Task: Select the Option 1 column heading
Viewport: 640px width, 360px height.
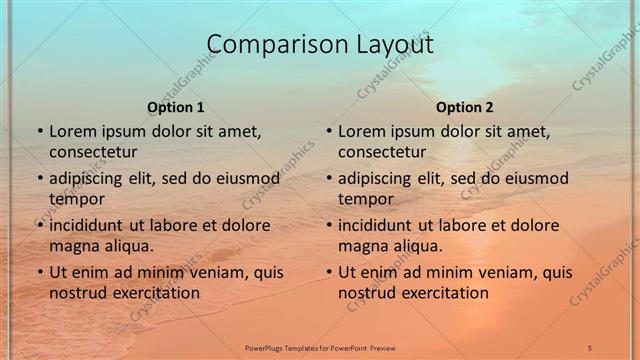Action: pyautogui.click(x=176, y=107)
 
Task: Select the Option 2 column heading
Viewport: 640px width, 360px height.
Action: pyautogui.click(x=465, y=107)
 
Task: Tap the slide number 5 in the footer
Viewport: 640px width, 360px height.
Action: pyautogui.click(x=590, y=347)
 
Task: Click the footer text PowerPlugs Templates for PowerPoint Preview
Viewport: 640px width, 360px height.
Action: pyautogui.click(x=320, y=347)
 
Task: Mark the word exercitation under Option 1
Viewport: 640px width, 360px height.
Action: pyautogui.click(x=153, y=293)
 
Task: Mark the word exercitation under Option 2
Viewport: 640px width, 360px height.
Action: pyautogui.click(x=442, y=293)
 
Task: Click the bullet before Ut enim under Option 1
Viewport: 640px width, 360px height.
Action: pyautogui.click(x=39, y=272)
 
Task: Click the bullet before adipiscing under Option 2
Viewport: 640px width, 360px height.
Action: pyautogui.click(x=328, y=178)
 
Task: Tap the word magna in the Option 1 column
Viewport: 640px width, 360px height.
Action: pyautogui.click(x=72, y=246)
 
